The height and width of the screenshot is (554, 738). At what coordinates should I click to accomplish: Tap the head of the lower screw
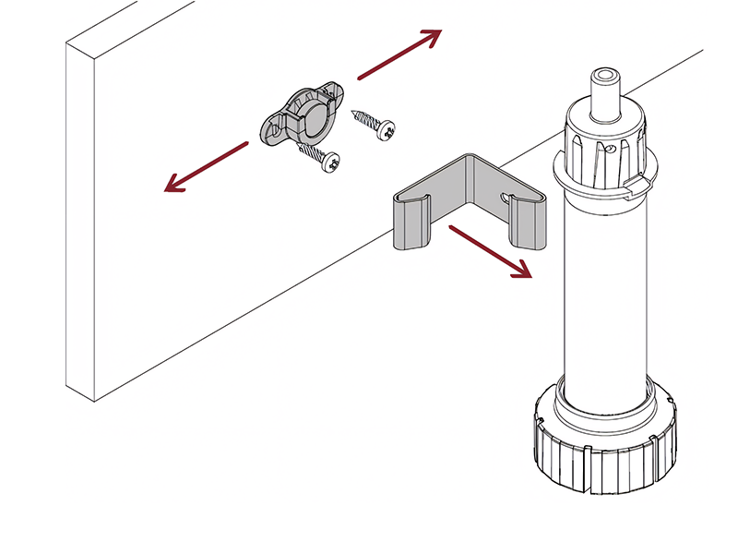[331, 164]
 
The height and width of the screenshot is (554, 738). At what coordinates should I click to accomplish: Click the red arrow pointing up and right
[399, 52]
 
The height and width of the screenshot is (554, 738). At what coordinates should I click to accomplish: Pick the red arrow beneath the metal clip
[490, 251]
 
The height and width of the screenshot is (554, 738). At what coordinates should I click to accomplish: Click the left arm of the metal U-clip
[407, 222]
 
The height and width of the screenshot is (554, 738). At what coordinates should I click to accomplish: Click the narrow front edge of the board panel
[80, 222]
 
